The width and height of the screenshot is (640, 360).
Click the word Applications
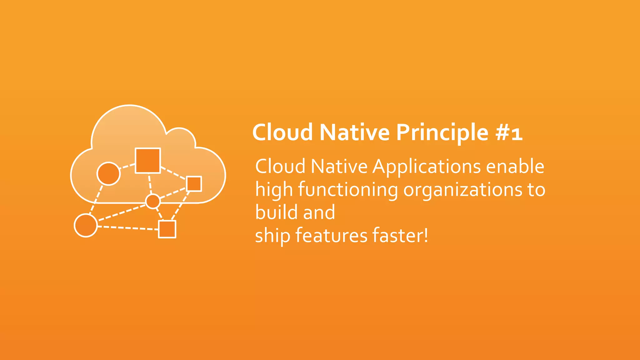coord(427,167)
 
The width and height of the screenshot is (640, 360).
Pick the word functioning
coord(348,190)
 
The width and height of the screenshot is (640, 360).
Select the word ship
coord(272,236)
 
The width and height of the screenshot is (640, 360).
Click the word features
coord(331,236)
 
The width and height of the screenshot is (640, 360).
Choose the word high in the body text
coord(274,190)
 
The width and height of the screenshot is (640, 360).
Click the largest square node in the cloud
coord(148,161)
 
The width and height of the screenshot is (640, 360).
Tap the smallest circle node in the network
coord(153,201)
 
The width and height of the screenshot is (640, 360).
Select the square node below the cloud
coord(167,229)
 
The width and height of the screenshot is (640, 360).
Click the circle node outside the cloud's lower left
coord(86,225)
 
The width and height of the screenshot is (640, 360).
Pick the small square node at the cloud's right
coord(194,184)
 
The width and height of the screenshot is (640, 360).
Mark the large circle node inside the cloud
coord(108,174)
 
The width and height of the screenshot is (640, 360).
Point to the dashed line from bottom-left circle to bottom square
coord(128,228)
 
